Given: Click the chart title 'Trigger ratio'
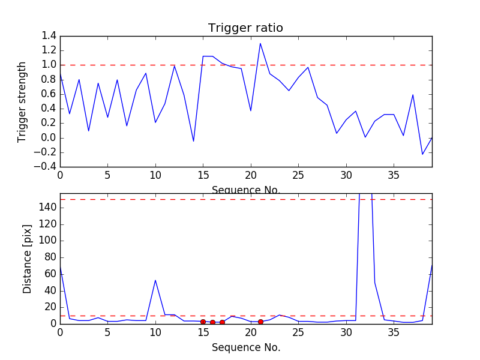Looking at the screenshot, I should pyautogui.click(x=245, y=28).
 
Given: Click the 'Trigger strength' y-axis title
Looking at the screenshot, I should pyautogui.click(x=22, y=101).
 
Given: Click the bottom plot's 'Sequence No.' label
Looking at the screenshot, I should pyautogui.click(x=246, y=347).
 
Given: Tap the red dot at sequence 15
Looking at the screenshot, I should pyautogui.click(x=203, y=322).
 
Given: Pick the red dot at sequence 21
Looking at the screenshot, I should pyautogui.click(x=260, y=322).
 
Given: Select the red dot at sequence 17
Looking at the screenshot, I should pyautogui.click(x=222, y=322).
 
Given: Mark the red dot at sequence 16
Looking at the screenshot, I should pyautogui.click(x=212, y=322).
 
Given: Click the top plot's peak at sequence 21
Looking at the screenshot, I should pyautogui.click(x=260, y=43).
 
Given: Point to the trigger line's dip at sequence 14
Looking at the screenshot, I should pyautogui.click(x=193, y=141).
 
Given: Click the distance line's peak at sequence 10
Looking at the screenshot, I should pyautogui.click(x=155, y=280).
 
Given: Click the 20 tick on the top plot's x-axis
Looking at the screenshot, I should pyautogui.click(x=251, y=176).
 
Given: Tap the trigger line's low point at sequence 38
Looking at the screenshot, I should pyautogui.click(x=422, y=154).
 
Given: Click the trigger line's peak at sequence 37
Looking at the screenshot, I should pyautogui.click(x=413, y=95).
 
